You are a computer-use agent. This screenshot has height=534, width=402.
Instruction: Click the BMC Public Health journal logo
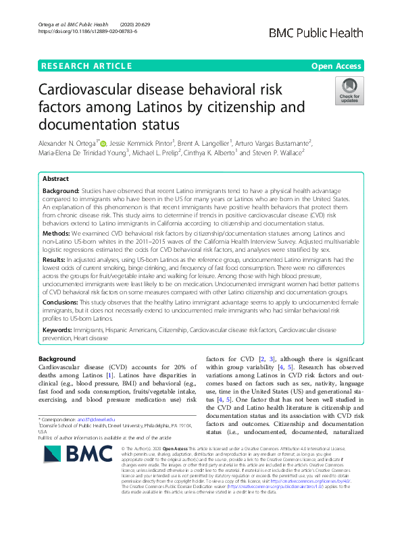tap(322, 32)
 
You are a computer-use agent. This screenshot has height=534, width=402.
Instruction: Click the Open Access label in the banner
tap(336, 65)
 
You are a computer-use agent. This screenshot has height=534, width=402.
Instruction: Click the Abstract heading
tap(55, 179)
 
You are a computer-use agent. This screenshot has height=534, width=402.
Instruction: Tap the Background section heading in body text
tap(57, 358)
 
